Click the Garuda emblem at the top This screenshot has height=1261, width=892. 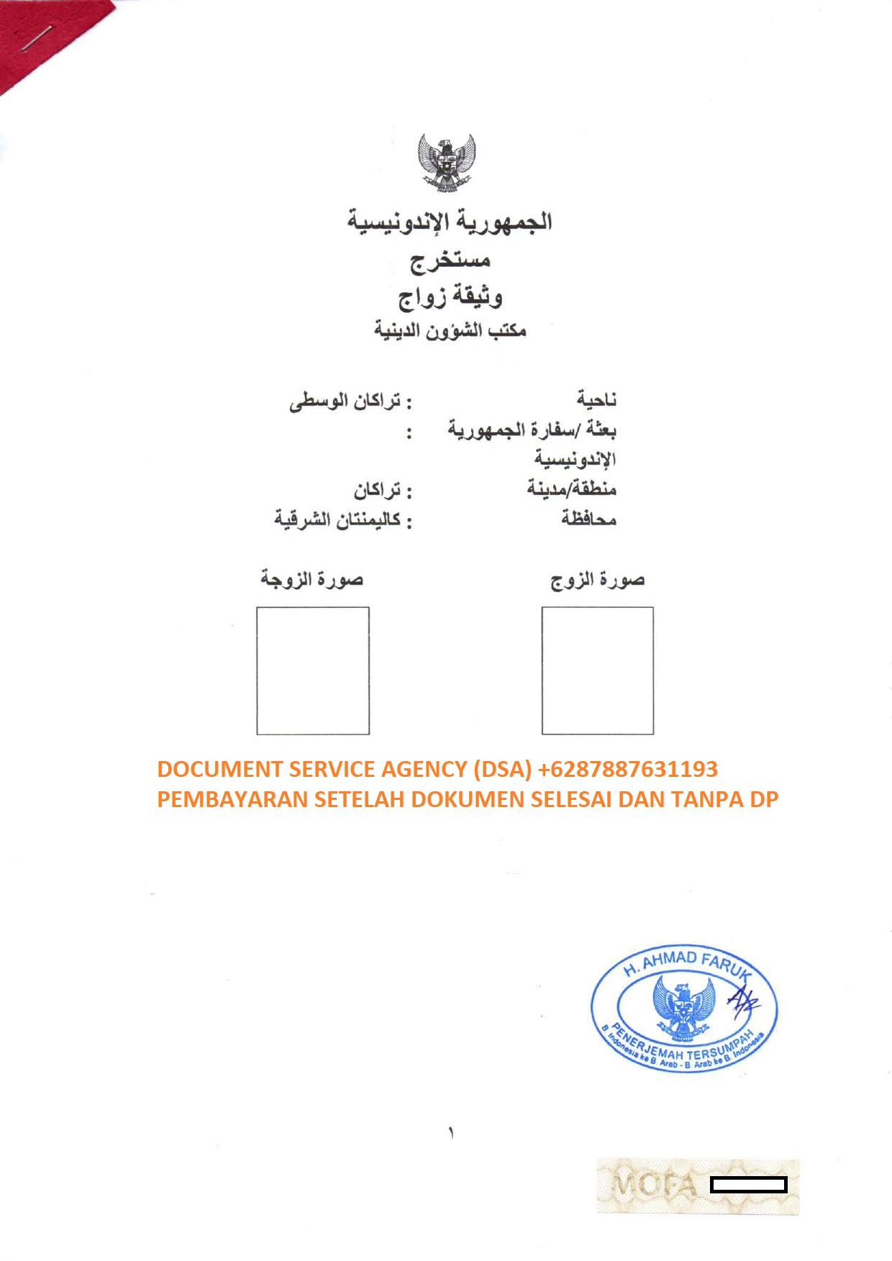coord(447,162)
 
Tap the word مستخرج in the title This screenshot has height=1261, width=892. coord(450,260)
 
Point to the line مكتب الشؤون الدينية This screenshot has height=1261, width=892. coord(450,330)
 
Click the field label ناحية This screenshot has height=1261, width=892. coord(596,399)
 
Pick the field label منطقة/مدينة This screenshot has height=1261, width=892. coord(572,488)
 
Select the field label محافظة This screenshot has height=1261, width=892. coord(589,518)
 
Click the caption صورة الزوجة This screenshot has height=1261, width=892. coord(311,579)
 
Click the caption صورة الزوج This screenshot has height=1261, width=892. coord(597,580)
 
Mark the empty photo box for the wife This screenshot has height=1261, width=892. coord(313,670)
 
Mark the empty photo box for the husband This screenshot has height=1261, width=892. coord(597,670)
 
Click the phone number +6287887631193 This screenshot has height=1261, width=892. coord(627,769)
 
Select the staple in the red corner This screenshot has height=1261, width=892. coord(37,37)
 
